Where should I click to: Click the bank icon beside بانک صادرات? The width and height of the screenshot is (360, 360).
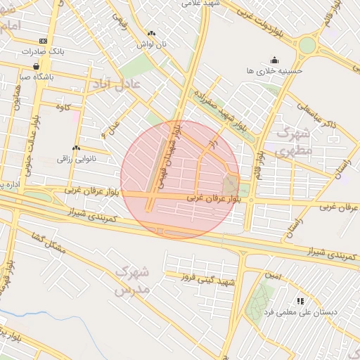coord(44,41)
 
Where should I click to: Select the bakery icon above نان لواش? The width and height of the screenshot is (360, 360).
coord(151,33)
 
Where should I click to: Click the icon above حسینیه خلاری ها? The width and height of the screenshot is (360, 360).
coord(274,60)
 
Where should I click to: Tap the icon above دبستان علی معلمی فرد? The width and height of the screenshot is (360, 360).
coord(300,301)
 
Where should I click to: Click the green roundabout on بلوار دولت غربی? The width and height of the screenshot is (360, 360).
coord(307,46)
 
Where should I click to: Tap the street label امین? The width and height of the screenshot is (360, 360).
coord(273,276)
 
